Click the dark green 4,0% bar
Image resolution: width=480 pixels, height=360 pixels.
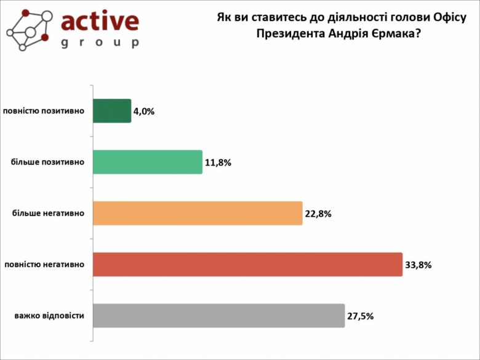(112, 111)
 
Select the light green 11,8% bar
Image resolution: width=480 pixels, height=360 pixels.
(148, 162)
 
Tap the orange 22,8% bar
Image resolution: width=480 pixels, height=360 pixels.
(198, 213)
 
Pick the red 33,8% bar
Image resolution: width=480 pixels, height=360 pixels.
(247, 264)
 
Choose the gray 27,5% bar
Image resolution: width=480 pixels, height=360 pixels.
(218, 315)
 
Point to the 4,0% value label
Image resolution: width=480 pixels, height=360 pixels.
(144, 111)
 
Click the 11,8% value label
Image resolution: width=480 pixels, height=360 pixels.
(217, 163)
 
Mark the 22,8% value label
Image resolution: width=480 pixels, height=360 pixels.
(318, 214)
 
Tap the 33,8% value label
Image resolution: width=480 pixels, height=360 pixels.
(418, 265)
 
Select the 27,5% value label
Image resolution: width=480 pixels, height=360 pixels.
(360, 316)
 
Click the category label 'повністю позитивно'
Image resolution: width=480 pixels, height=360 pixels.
(44, 111)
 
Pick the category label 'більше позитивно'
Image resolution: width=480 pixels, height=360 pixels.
(47, 162)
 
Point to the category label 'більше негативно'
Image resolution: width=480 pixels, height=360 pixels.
(48, 214)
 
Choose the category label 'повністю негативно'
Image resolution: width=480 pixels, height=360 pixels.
(44, 265)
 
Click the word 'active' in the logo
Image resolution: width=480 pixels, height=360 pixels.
(100, 21)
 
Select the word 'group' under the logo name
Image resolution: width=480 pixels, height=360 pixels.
(100, 43)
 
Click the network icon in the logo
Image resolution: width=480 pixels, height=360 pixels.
(28, 30)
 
